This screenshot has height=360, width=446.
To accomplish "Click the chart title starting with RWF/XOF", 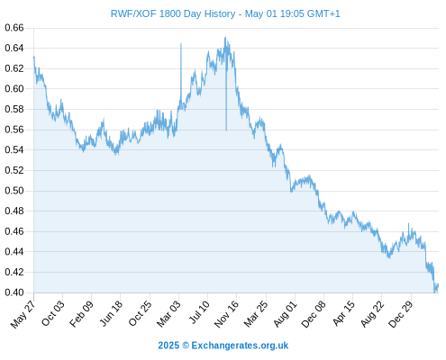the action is [x=225, y=13].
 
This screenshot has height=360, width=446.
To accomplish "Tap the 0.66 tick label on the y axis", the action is [x=14, y=28].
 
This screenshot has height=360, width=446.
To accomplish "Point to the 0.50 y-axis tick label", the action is [x=14, y=191].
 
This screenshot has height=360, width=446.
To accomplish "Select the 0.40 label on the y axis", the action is [x=14, y=292].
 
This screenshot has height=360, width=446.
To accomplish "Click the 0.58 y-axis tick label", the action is [x=14, y=109].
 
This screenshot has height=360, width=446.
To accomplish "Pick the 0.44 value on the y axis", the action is [x=14, y=252].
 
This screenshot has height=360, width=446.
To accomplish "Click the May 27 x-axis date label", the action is [x=23, y=314].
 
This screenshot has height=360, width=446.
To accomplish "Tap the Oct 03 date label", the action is [x=53, y=313].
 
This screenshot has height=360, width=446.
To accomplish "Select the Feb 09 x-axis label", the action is [x=82, y=313].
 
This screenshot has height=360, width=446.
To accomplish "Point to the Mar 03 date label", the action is [x=169, y=313].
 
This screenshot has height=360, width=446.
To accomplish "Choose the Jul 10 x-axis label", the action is [x=199, y=312].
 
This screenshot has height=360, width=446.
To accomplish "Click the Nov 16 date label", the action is [x=226, y=313].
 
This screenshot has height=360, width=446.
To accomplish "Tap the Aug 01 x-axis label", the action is [x=286, y=313].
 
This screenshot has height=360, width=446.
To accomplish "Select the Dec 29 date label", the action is [x=401, y=313].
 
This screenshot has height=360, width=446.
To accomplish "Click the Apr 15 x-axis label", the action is [x=344, y=313].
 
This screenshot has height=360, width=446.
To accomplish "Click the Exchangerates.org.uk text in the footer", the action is [x=240, y=346].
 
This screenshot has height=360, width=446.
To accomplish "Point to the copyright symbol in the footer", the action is [x=186, y=346].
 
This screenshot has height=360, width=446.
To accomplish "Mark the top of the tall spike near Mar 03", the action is [x=181, y=44].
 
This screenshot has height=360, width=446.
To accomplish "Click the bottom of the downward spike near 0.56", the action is [x=226, y=130].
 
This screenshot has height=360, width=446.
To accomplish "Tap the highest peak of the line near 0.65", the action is [x=225, y=38].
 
